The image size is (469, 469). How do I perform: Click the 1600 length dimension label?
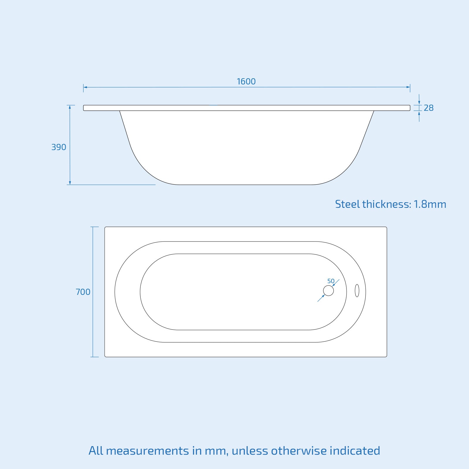click(246, 81)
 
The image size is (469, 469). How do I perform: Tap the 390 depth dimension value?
click(59, 147)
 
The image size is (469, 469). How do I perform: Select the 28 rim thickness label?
click(429, 108)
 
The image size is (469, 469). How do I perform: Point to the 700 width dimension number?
click(83, 292)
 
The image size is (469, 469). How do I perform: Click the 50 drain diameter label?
click(331, 281)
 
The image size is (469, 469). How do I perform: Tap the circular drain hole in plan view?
click(328, 290)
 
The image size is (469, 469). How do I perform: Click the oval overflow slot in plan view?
click(357, 290)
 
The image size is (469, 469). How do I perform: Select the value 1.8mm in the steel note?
click(430, 204)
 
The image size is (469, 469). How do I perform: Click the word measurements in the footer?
click(147, 451)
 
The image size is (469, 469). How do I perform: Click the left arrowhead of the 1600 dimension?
click(85, 87)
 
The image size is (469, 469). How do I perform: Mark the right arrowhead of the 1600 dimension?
click(408, 87)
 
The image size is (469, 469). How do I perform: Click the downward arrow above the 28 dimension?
click(419, 102)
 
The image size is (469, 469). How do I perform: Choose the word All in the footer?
click(96, 451)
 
